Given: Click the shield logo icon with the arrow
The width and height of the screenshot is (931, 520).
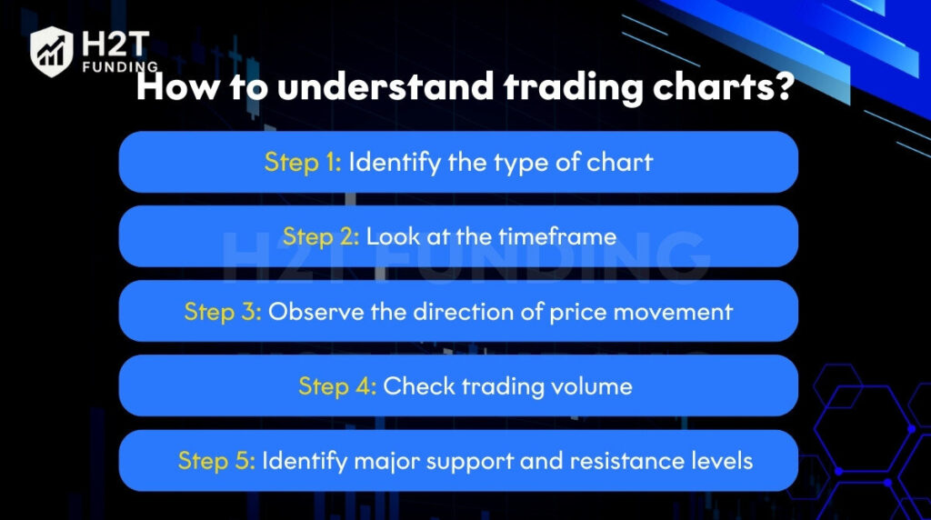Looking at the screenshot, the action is coord(52,52).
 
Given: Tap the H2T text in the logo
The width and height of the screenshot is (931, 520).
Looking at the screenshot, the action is coord(115,45).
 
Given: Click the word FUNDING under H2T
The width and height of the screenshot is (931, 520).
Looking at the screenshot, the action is coord(120,66).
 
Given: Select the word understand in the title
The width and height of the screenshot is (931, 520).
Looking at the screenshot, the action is coord(385,86).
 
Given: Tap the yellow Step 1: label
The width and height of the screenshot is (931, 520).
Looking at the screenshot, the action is coord(303,162).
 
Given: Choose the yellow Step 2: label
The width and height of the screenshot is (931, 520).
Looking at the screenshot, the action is coord(321,237).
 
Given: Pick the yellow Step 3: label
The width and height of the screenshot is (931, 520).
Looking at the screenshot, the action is coord(223,312).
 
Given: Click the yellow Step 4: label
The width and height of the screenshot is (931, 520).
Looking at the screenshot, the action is coord(337,386).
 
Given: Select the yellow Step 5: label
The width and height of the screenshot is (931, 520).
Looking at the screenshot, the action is coord(216,461).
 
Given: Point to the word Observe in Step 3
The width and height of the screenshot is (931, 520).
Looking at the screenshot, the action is coord(315,312).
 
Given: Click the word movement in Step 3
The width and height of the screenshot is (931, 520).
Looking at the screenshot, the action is coord(674,312).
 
